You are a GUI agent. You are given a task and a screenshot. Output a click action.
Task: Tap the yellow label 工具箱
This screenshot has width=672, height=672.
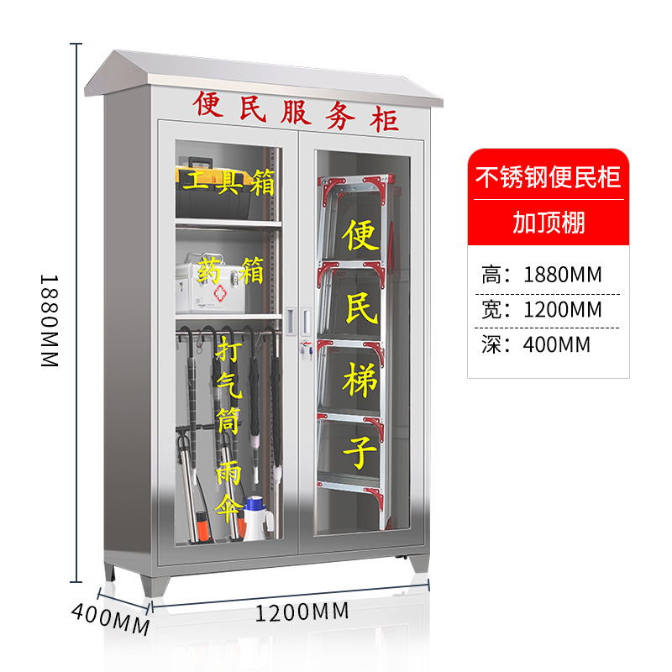[x=225, y=181]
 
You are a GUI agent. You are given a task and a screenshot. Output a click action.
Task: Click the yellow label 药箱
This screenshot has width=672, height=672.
[x=230, y=270]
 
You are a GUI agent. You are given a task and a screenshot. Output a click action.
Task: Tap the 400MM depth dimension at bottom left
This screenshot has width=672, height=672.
[x=109, y=618]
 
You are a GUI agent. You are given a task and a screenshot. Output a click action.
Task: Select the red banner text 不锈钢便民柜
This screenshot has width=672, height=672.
[x=548, y=178]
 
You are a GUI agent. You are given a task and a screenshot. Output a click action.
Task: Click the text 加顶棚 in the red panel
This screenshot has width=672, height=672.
[x=548, y=223]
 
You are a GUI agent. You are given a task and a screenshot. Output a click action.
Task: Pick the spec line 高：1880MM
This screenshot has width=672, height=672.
[x=543, y=274]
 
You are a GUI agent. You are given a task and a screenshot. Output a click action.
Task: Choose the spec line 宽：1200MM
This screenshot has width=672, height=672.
[x=543, y=309]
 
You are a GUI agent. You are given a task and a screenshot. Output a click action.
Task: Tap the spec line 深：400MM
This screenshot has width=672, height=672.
[x=537, y=344]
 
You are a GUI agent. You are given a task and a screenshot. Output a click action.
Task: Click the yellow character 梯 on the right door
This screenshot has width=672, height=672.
[x=360, y=383]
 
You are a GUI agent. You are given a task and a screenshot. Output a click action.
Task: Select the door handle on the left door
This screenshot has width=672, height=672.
[x=291, y=319]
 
